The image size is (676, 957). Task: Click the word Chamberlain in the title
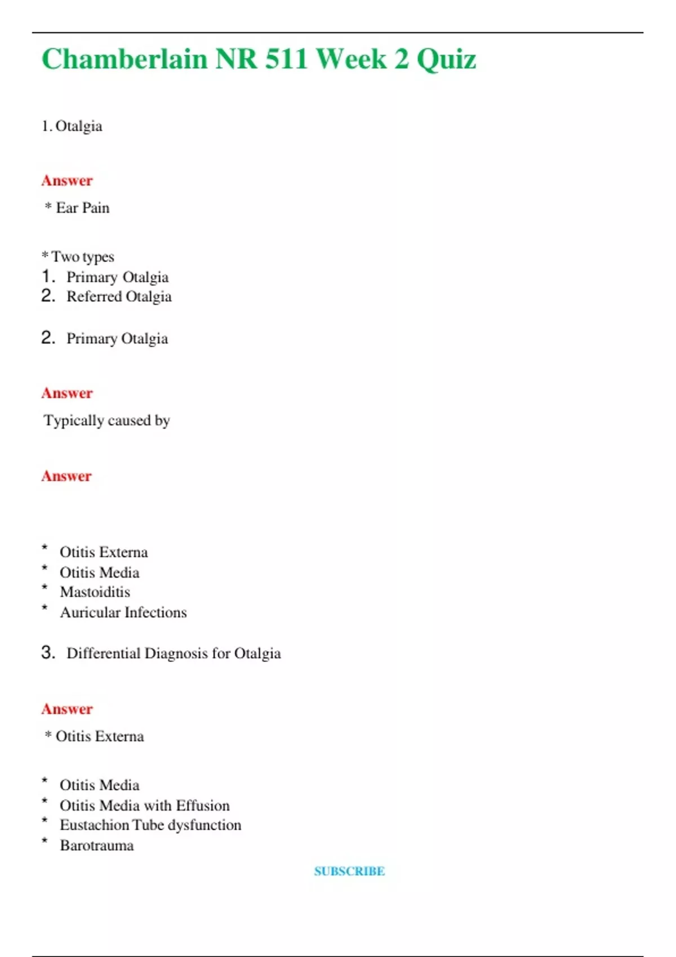[124, 59]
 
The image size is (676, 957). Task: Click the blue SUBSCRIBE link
[349, 871]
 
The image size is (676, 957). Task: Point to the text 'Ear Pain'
[83, 208]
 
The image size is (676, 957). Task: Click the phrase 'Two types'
[83, 257]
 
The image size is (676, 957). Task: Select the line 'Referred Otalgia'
[119, 297]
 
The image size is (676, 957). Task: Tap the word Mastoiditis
[95, 592]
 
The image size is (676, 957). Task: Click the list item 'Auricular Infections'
[123, 612]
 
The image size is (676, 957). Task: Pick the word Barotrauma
[97, 846]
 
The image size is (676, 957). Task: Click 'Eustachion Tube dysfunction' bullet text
[150, 825]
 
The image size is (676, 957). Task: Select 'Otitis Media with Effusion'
[145, 806]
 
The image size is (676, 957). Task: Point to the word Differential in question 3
[104, 654]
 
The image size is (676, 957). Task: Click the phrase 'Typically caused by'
[107, 421]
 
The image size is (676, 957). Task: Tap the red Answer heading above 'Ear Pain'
[67, 181]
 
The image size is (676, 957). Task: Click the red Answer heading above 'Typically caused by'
[67, 393]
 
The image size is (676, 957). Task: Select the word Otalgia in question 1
[79, 126]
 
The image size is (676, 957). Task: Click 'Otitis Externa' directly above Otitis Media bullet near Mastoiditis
[104, 552]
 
